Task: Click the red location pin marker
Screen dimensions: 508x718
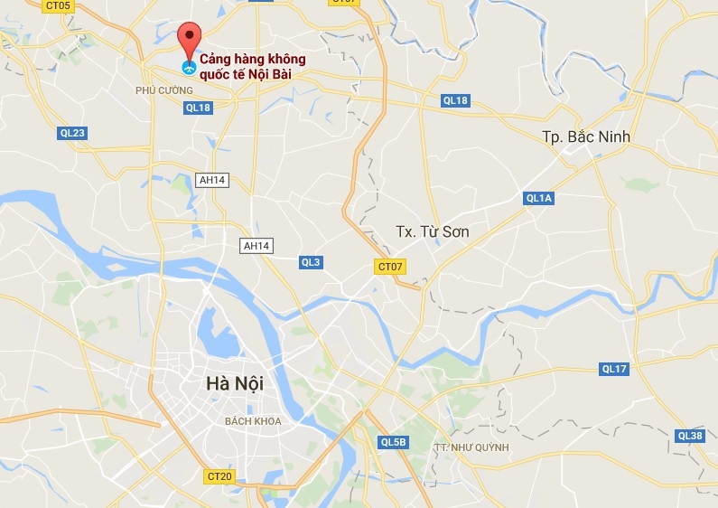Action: (188, 39)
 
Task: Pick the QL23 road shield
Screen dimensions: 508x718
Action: (71, 133)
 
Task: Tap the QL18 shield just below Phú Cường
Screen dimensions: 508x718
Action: (197, 108)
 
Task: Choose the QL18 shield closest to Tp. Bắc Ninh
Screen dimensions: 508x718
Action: (455, 100)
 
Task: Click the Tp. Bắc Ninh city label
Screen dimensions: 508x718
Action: (586, 136)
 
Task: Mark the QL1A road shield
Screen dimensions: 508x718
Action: (538, 198)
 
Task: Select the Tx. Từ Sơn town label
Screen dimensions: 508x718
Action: (433, 232)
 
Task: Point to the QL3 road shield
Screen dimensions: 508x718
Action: (311, 262)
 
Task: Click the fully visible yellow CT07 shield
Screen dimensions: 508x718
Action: (390, 267)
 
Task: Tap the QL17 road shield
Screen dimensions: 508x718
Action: (614, 369)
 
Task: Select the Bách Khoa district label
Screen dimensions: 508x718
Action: (254, 421)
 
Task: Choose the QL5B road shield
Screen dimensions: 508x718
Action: (394, 442)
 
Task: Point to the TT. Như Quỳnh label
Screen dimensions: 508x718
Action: (471, 447)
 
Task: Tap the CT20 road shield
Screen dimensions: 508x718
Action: (219, 476)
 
